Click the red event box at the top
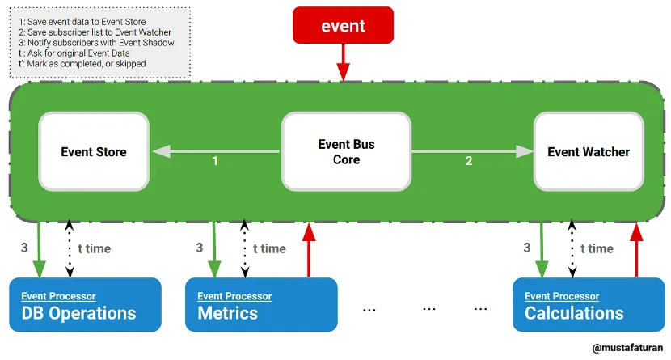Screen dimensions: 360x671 343,25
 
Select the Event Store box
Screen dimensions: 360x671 94,151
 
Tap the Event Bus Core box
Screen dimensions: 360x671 346,151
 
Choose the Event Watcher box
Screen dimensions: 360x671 588,151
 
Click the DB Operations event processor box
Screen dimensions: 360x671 85,305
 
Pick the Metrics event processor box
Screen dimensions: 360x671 260,305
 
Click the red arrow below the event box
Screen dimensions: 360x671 344,61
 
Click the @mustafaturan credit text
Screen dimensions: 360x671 627,348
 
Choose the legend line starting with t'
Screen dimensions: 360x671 81,63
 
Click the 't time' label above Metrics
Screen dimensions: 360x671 269,248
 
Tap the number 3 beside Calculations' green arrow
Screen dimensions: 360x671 526,248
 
